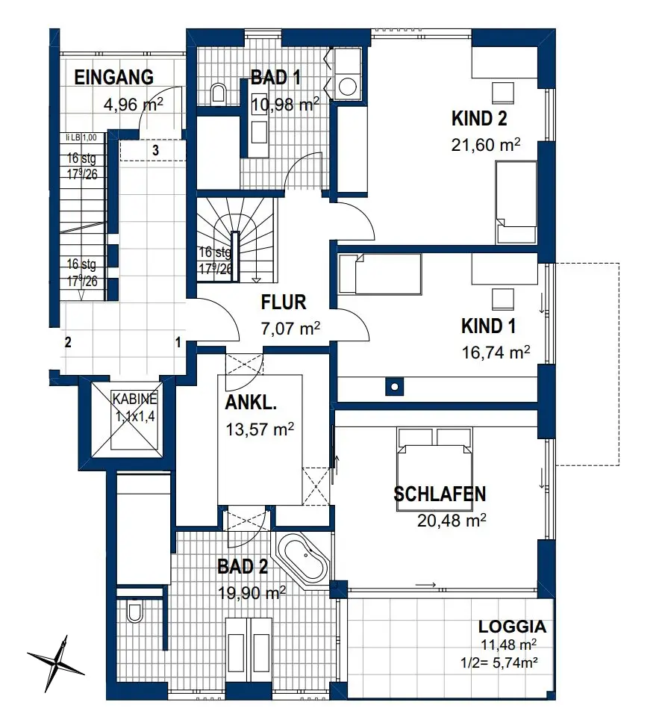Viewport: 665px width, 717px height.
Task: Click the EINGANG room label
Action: [113, 77]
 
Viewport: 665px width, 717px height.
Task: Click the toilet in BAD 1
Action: [219, 93]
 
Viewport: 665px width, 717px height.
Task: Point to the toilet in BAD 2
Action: [135, 612]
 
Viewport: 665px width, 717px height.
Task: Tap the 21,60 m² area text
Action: [485, 145]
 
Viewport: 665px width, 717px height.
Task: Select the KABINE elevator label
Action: [135, 399]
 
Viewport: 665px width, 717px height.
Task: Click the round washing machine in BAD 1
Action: [348, 86]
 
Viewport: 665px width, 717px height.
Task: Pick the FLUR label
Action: [284, 302]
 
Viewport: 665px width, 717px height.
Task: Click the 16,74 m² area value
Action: [496, 353]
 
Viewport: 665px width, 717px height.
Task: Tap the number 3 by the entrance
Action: [155, 150]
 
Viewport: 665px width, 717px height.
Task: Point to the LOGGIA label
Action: [512, 626]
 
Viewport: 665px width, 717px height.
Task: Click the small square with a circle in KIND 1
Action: [394, 386]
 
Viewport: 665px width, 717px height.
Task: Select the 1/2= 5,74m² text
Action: [499, 662]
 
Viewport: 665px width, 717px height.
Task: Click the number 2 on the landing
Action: [68, 342]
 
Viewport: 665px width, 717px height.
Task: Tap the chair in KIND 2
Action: [503, 93]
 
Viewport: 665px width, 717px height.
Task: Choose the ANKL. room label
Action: [251, 403]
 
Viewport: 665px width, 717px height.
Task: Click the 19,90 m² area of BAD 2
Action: [252, 593]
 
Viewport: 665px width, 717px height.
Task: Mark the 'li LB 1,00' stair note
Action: [81, 137]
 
